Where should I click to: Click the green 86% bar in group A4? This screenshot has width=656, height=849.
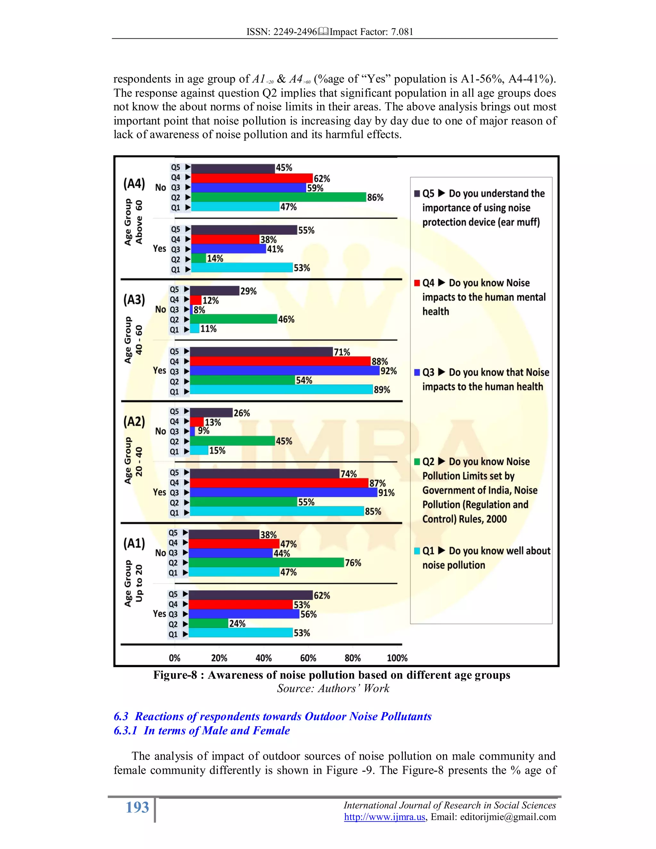coord(278,197)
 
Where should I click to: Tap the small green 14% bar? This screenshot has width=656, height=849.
coord(198,259)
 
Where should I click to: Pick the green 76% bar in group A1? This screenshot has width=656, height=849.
coord(266,563)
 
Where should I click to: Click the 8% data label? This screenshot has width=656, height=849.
coord(199,310)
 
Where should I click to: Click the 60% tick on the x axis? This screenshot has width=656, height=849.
coord(308,658)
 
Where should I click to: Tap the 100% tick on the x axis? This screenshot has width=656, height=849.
coord(397,658)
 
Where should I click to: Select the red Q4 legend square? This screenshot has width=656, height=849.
coord(417,283)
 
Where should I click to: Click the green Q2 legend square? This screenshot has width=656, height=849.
coord(417,462)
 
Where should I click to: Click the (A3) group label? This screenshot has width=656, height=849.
coord(134,300)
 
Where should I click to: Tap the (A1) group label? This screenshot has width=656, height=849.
coord(134,543)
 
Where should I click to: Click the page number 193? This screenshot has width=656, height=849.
coord(137,807)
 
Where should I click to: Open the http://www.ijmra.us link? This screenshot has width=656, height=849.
coord(384,817)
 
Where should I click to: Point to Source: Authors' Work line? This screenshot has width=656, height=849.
coord(333,688)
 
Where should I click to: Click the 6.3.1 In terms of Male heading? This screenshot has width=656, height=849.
coord(202,730)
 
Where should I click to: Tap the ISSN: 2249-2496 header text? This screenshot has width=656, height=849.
coord(282,32)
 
